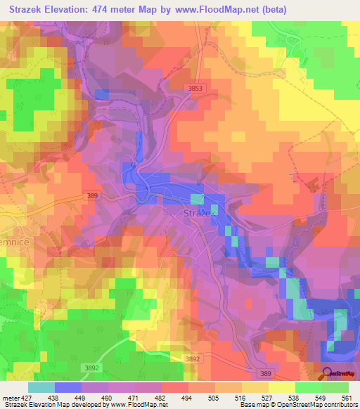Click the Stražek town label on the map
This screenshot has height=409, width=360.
tap(197, 212)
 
